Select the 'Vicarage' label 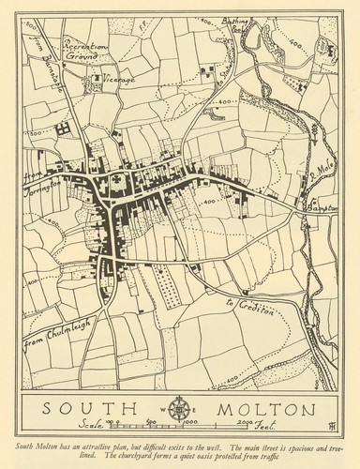click(119, 81)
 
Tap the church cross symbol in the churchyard click(113, 177)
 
